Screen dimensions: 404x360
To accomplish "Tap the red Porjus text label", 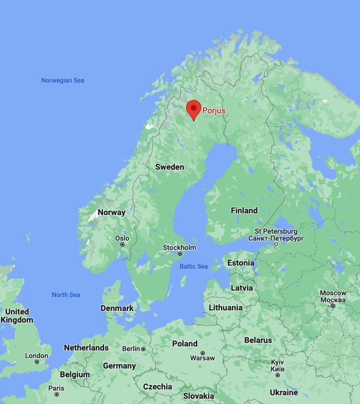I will pyautogui.click(x=213, y=110).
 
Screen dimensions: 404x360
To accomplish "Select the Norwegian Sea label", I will pyautogui.click(x=63, y=80).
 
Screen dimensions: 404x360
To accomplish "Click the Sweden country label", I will pyautogui.click(x=169, y=167).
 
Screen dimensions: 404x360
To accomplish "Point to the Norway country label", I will pyautogui.click(x=111, y=212).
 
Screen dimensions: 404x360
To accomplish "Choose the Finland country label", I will pyautogui.click(x=244, y=210).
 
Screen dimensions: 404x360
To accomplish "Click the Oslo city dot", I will pyautogui.click(x=122, y=245).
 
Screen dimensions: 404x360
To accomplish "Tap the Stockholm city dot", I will pyautogui.click(x=179, y=254).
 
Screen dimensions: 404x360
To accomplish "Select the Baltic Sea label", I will pyautogui.click(x=194, y=266).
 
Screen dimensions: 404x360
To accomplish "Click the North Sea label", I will pyautogui.click(x=66, y=295).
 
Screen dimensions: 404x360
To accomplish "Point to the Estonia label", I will pyautogui.click(x=241, y=263).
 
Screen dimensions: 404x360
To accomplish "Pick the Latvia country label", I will pyautogui.click(x=242, y=287).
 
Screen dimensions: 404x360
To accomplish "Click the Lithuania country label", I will pyautogui.click(x=226, y=307).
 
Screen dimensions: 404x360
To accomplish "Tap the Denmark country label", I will pyautogui.click(x=117, y=308).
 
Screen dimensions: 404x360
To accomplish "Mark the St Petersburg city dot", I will pyautogui.click(x=276, y=244).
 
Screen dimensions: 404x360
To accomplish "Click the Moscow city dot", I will pyautogui.click(x=333, y=306).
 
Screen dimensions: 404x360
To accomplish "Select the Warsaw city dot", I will pyautogui.click(x=202, y=353).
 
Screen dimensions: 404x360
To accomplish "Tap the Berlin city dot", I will pyautogui.click(x=143, y=349).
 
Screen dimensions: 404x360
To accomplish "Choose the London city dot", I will pyautogui.click(x=37, y=362).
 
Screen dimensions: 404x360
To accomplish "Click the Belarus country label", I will pyautogui.click(x=258, y=340).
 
